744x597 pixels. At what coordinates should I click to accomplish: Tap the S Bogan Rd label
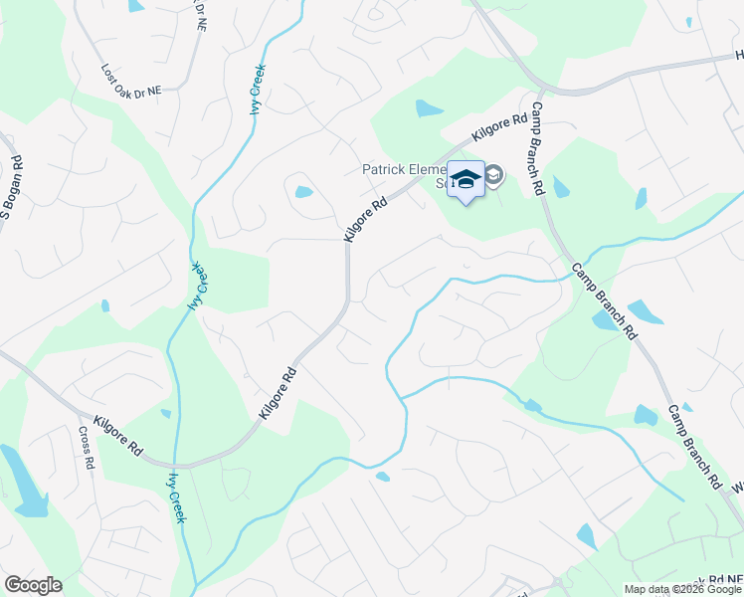(10, 189)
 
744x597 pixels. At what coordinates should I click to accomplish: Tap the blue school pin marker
(465, 179)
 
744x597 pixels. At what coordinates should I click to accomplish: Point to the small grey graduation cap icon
(493, 177)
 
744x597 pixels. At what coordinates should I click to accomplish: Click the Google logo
(33, 585)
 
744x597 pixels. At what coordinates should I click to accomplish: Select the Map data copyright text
(682, 589)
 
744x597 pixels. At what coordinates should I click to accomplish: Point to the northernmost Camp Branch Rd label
(537, 148)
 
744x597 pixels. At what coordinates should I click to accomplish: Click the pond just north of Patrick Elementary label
(430, 107)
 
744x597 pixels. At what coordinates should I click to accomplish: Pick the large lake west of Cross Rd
(22, 481)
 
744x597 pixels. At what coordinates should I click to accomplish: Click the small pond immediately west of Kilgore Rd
(303, 192)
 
